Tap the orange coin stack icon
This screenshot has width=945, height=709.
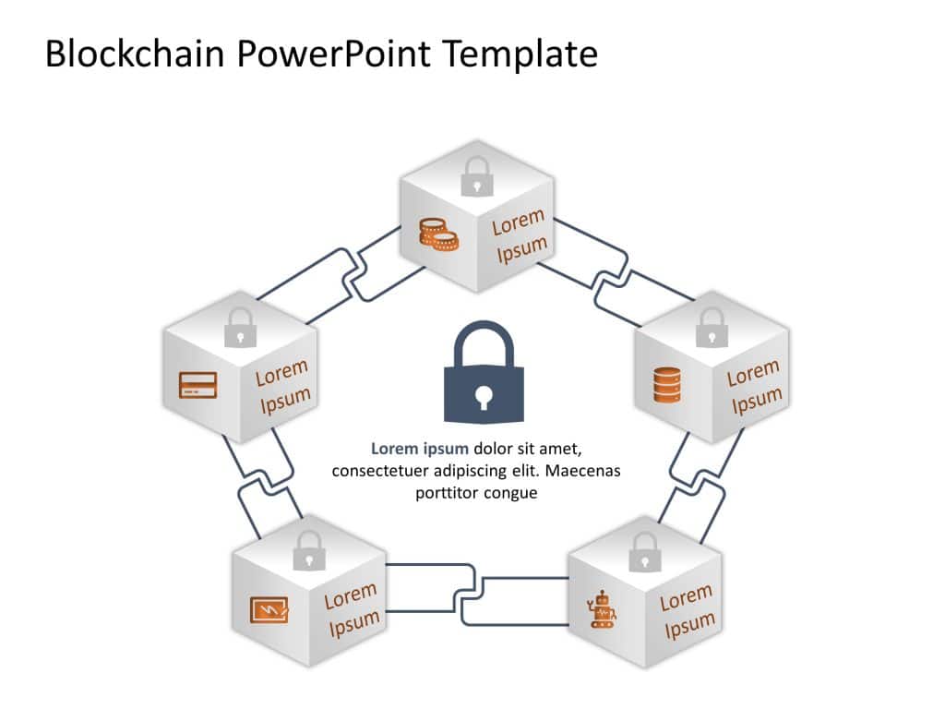click(x=438, y=234)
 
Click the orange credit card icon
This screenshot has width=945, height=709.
click(x=197, y=384)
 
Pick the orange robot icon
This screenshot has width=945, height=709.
click(x=604, y=609)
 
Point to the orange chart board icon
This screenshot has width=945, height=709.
click(x=269, y=610)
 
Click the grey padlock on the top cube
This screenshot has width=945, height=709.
click(x=476, y=175)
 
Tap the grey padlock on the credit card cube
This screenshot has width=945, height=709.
click(x=240, y=328)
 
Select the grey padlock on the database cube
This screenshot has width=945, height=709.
click(x=711, y=328)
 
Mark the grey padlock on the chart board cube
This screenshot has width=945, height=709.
click(x=308, y=551)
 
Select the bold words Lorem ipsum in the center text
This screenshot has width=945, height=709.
click(x=419, y=450)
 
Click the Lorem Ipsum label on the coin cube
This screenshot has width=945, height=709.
click(x=520, y=236)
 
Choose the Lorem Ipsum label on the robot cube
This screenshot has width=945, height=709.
click(x=687, y=612)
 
